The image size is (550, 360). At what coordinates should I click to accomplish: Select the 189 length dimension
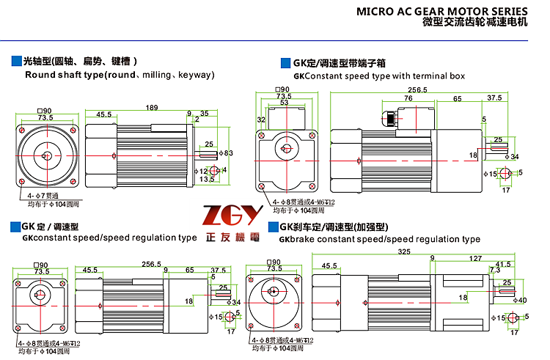[x=152, y=108]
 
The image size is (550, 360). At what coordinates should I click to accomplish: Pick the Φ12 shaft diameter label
[x=202, y=171]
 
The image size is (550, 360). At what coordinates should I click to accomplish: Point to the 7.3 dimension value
[x=494, y=271]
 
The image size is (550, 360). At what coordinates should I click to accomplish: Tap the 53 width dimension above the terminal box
[x=283, y=103]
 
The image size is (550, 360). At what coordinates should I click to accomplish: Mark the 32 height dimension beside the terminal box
[x=260, y=119]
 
